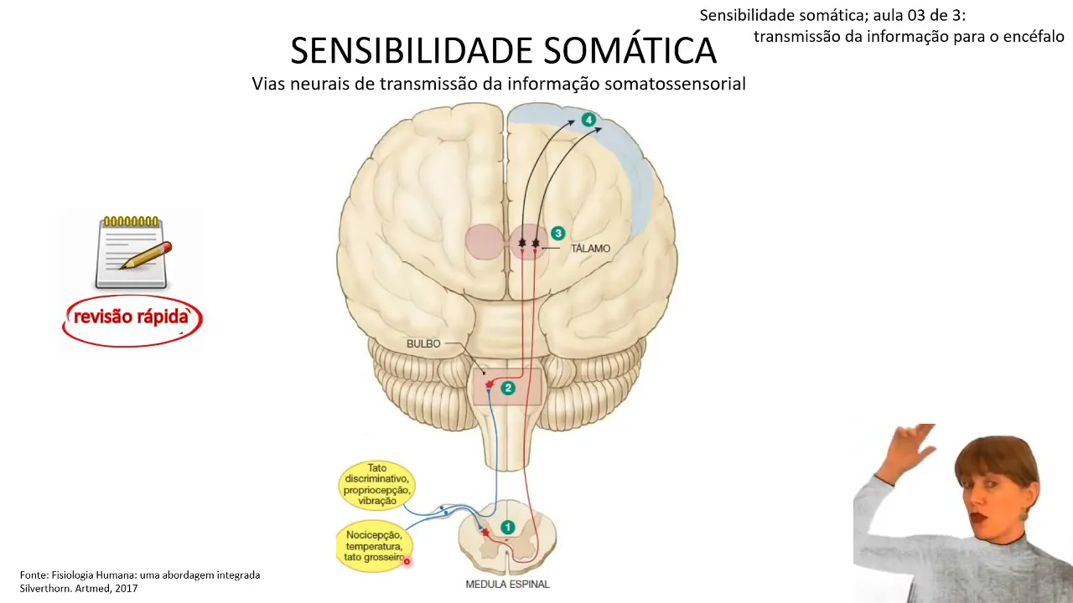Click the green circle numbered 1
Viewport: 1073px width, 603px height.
[x=507, y=527]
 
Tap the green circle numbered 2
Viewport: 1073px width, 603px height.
[x=507, y=388]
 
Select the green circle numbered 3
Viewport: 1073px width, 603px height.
[x=557, y=234]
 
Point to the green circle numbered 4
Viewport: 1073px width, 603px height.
[x=588, y=121]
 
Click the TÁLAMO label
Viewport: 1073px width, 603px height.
[x=590, y=249]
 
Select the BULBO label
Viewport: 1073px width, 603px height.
[x=423, y=343]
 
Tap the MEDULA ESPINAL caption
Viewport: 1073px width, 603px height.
[x=507, y=584]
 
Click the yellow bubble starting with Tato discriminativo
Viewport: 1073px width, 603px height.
[x=377, y=485]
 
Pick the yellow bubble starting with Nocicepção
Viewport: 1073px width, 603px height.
[x=373, y=546]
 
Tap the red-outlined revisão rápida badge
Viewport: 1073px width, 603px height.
[x=132, y=319]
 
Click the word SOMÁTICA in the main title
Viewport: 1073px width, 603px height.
[x=630, y=51]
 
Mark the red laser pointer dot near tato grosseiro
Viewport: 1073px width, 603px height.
[x=407, y=561]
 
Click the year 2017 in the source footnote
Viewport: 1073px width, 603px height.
[x=126, y=588]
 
